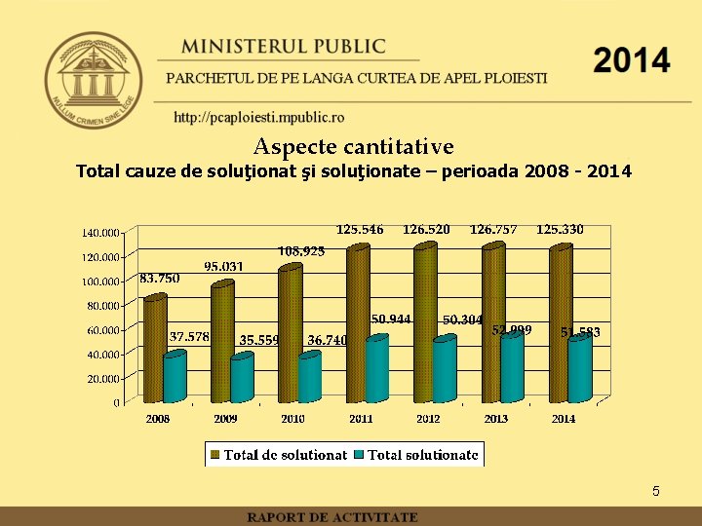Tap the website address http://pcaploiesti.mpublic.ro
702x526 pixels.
[x=258, y=118]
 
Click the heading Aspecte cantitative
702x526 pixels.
[x=353, y=147]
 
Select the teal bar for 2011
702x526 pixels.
[x=376, y=370]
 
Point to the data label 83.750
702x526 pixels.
[x=160, y=278]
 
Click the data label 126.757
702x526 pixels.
[x=493, y=230]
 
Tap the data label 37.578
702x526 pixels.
[x=189, y=337]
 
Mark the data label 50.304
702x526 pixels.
[x=463, y=319]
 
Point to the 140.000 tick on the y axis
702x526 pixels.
[x=100, y=233]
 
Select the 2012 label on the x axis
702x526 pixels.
[x=429, y=419]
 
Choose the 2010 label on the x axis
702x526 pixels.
[x=293, y=419]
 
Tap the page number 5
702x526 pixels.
[x=656, y=492]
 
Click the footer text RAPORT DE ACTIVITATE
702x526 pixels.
[x=332, y=517]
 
